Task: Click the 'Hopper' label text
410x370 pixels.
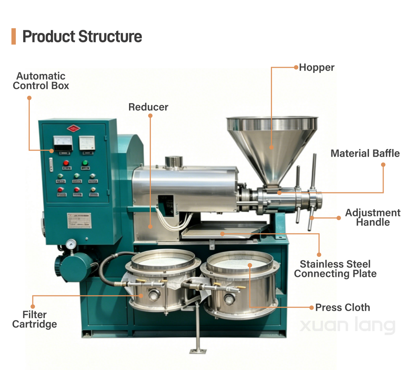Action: pos(316,67)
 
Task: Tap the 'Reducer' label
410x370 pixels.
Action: pos(148,107)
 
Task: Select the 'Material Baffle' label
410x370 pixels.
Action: pos(365,153)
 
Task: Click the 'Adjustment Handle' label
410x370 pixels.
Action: pos(372,217)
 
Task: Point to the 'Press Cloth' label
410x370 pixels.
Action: pos(343,307)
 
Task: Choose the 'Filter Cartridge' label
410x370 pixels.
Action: pos(34,319)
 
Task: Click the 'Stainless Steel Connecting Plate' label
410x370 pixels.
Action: pos(335,269)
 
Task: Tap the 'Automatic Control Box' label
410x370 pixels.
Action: pos(41,81)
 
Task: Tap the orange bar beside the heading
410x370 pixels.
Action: pos(14,37)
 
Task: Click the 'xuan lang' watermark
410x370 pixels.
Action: pos(347,326)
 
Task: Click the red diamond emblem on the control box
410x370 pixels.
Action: pos(73,128)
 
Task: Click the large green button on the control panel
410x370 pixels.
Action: pos(85,163)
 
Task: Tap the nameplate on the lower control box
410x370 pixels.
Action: pos(79,221)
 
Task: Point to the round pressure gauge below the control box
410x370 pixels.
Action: pos(70,244)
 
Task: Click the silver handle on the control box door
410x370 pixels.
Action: pos(51,165)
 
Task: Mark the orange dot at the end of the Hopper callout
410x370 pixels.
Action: pos(296,67)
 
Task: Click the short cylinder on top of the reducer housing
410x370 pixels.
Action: pos(173,162)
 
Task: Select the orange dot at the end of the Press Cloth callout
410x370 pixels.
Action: pos(312,307)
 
